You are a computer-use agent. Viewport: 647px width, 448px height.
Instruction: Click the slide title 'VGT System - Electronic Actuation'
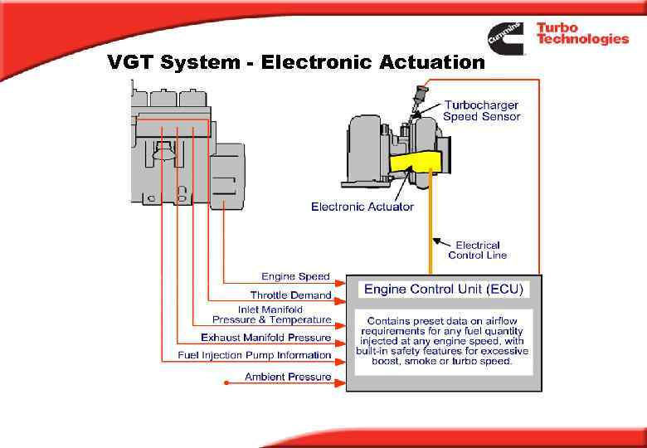(296, 63)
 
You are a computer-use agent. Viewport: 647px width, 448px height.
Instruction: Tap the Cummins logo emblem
(505, 38)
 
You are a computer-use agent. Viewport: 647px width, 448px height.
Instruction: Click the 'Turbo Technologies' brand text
(581, 33)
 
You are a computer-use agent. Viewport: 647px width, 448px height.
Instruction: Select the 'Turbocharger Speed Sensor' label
(482, 110)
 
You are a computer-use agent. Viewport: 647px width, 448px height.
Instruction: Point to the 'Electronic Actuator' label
(362, 207)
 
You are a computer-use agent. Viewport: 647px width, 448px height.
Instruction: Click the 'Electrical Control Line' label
(477, 250)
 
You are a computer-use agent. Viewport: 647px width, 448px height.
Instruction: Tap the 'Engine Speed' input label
(295, 276)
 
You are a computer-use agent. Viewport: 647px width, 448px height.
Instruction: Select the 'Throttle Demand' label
(290, 295)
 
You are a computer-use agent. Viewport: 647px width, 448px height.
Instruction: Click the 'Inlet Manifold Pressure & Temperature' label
(271, 314)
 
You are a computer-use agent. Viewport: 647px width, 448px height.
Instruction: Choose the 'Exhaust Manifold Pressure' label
(265, 338)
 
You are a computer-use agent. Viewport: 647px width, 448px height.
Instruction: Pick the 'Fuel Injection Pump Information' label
(255, 355)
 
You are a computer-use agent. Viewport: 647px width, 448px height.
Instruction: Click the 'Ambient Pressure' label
(288, 377)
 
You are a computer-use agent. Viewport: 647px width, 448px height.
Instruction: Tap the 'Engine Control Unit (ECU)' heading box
(444, 290)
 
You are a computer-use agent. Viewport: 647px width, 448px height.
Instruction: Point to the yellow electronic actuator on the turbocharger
(415, 162)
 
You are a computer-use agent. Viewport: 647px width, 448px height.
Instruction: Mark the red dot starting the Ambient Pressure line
(226, 382)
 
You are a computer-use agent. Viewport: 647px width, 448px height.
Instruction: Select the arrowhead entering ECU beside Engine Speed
(339, 281)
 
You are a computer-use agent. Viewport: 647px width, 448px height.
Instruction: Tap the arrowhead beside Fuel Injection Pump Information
(339, 361)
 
